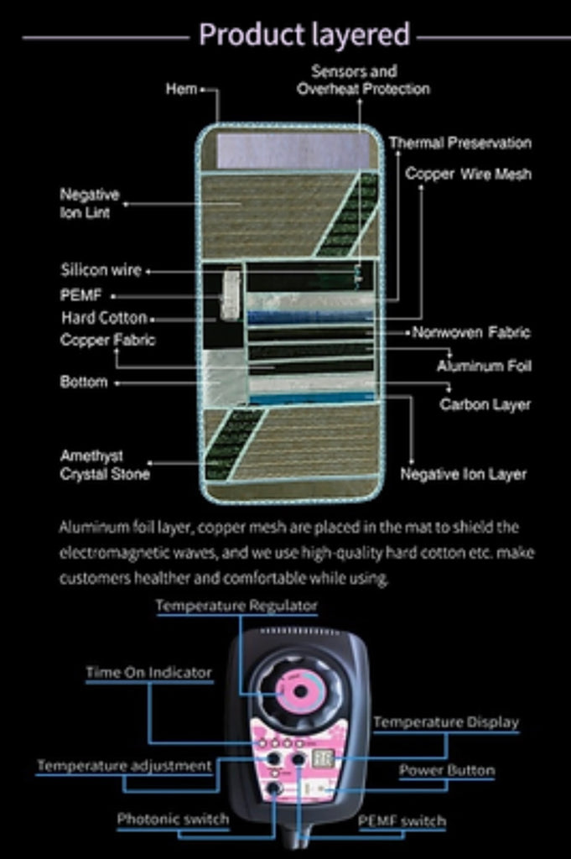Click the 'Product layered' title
[x=304, y=35]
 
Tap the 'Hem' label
[x=181, y=89]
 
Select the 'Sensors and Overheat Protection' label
[x=363, y=81]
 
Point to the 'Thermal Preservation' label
[x=459, y=143]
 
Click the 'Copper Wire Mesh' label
[x=468, y=174]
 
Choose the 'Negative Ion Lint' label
[x=90, y=203]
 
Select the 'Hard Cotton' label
[x=104, y=319]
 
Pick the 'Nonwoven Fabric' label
[x=471, y=332]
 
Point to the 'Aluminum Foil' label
[x=484, y=367]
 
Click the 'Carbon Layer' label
[x=485, y=404]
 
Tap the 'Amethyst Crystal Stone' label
[x=105, y=465]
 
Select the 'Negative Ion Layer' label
[x=463, y=474]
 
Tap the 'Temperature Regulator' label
[x=236, y=605]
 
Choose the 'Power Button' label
[x=447, y=770]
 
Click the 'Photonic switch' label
[x=173, y=819]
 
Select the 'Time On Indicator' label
[x=148, y=673]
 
